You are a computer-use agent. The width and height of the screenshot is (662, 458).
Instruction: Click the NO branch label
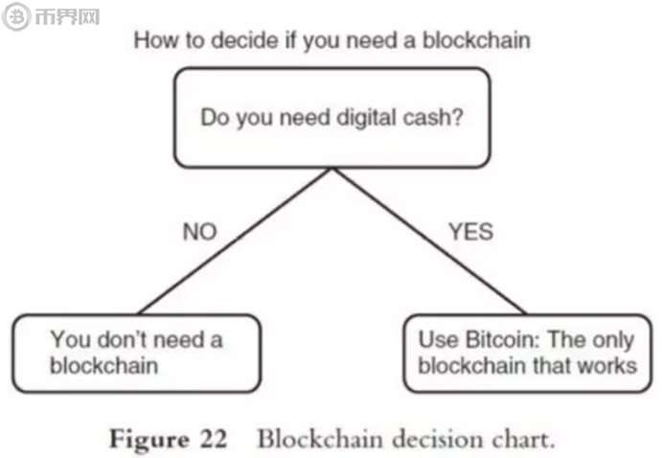(x=199, y=232)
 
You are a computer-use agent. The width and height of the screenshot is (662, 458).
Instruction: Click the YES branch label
(x=469, y=232)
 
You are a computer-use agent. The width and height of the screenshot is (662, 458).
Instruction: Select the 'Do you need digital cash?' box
(x=331, y=118)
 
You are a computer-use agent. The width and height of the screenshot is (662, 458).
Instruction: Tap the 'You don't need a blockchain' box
(x=135, y=353)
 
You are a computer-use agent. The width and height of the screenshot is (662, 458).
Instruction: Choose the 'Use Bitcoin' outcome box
(x=527, y=353)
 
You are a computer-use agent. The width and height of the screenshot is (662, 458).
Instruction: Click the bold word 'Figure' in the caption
(x=148, y=440)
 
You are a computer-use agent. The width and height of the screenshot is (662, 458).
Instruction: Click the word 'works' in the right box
(x=610, y=366)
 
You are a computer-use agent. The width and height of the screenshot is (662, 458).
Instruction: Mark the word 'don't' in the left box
(x=120, y=340)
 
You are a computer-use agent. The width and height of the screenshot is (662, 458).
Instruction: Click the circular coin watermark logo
(x=16, y=16)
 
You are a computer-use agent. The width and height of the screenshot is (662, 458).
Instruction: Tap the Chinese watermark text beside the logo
(x=65, y=16)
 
